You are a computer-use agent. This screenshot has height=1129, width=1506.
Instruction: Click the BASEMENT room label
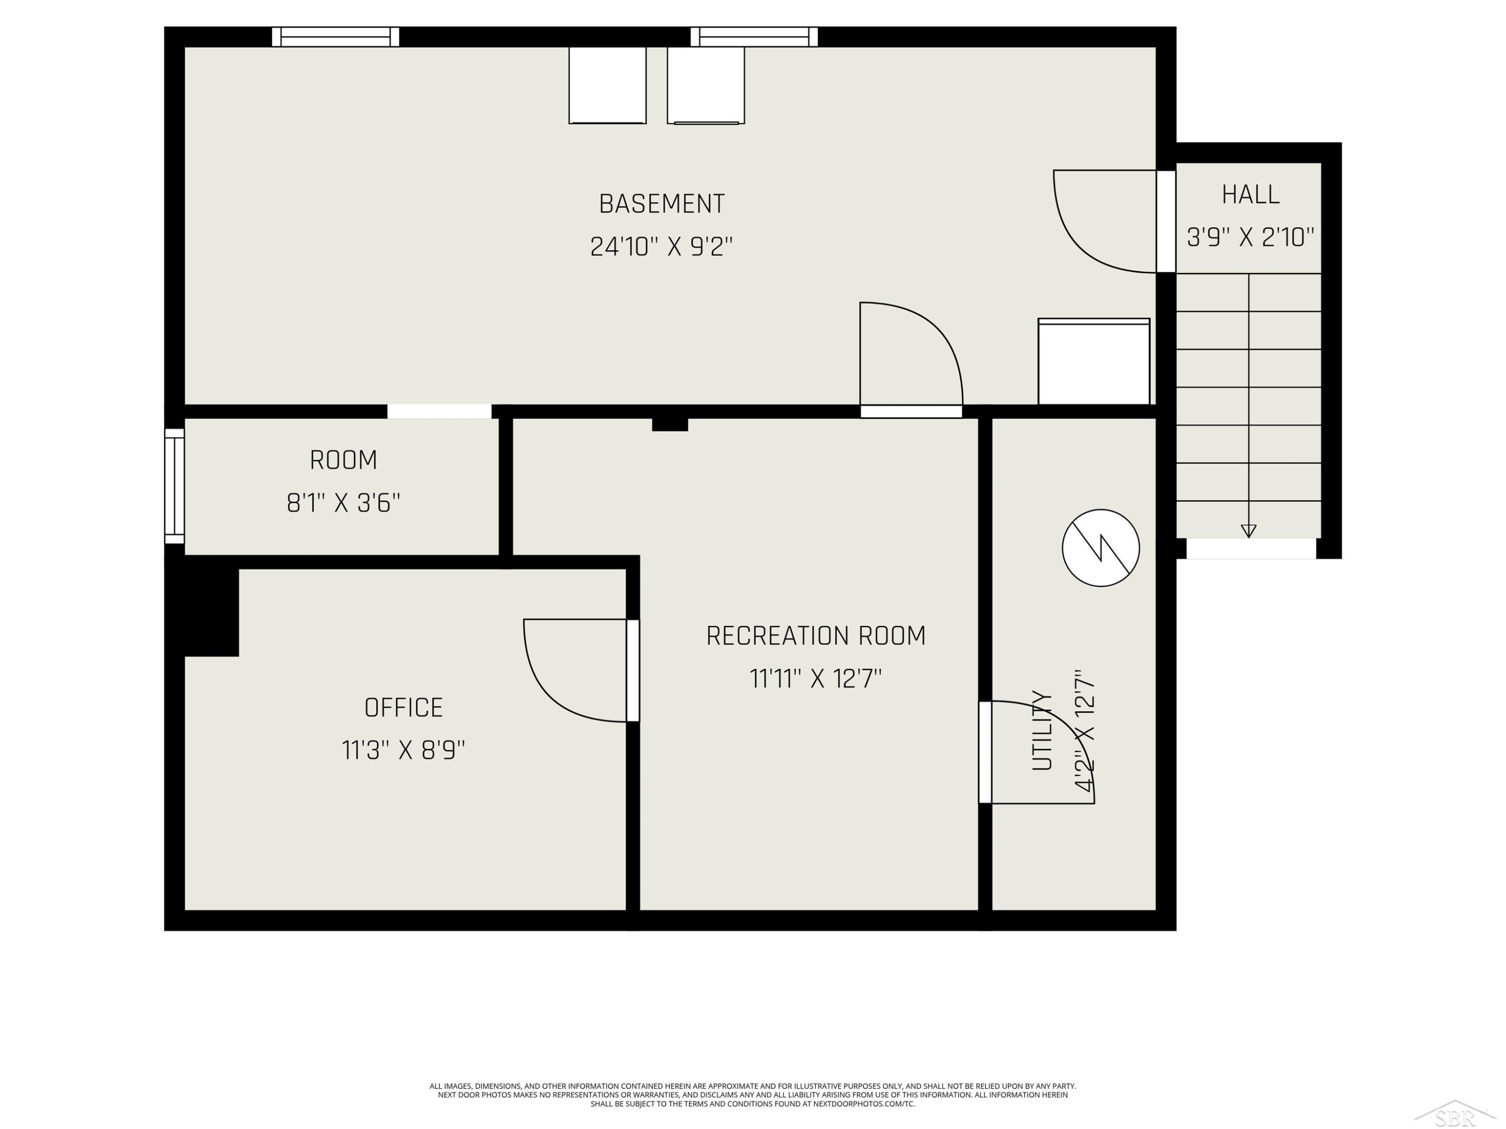coord(662,204)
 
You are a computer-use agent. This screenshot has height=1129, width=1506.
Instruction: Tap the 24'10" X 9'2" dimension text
coord(662,246)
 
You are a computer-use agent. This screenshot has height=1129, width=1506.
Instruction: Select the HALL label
coord(1250,195)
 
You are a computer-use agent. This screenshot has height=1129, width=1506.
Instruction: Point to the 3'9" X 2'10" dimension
coord(1250,237)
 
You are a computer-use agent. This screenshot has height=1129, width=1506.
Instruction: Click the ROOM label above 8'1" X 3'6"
coord(343,460)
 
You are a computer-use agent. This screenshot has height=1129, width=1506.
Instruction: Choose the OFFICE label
coord(404,708)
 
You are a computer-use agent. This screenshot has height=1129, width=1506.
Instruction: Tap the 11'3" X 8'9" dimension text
coord(404,750)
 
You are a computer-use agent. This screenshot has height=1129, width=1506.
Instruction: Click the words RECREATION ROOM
coord(816,636)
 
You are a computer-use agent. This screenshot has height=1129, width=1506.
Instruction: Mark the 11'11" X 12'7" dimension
coord(816,678)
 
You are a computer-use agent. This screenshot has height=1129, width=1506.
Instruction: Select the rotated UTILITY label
coord(1042,730)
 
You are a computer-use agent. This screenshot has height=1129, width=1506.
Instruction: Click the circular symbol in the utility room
coord(1101,548)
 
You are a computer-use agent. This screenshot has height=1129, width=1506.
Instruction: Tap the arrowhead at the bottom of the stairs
coord(1248,531)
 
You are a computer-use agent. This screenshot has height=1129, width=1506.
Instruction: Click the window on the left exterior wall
coord(174,486)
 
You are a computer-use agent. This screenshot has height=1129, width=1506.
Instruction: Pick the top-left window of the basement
coord(336,37)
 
